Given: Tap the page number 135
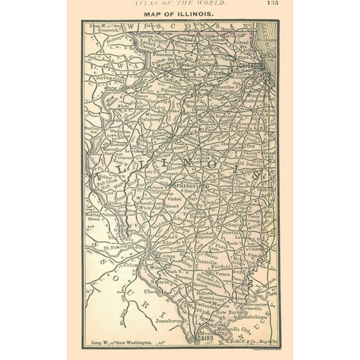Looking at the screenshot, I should pyautogui.click(x=272, y=3).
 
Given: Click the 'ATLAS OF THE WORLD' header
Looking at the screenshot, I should pyautogui.click(x=180, y=4).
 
